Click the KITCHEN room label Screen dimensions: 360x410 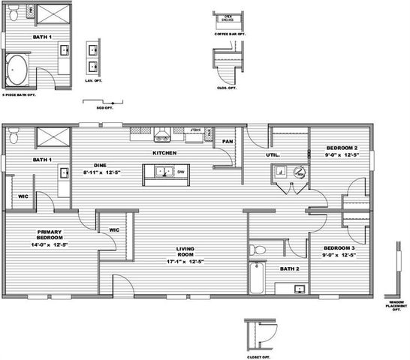coord(164,153)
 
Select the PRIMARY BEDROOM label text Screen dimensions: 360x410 coord(50,235)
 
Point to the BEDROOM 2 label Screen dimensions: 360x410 coord(342,148)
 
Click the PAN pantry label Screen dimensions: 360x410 coord(228,141)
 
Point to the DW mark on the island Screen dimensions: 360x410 coord(181,172)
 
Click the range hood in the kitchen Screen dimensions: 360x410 coord(162,134)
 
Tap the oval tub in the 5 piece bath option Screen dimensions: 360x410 coord(18,72)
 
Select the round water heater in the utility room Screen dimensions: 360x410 coord(300,172)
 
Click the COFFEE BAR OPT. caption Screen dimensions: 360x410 coord(231,34)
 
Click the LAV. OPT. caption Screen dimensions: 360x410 coord(94,79)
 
